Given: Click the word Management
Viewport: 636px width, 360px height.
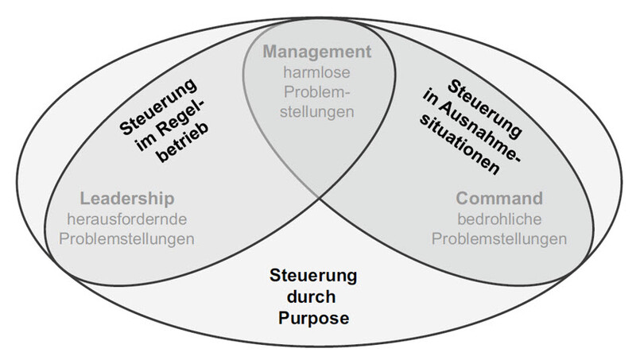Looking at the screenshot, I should pyautogui.click(x=318, y=53).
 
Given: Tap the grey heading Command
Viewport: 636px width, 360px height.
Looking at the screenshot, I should pyautogui.click(x=500, y=198).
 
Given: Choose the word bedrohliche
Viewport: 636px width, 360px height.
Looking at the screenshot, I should pyautogui.click(x=500, y=218).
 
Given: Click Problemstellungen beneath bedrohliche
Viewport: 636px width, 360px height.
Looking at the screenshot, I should pyautogui.click(x=500, y=237).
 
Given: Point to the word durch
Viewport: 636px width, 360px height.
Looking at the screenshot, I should pyautogui.click(x=318, y=299).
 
